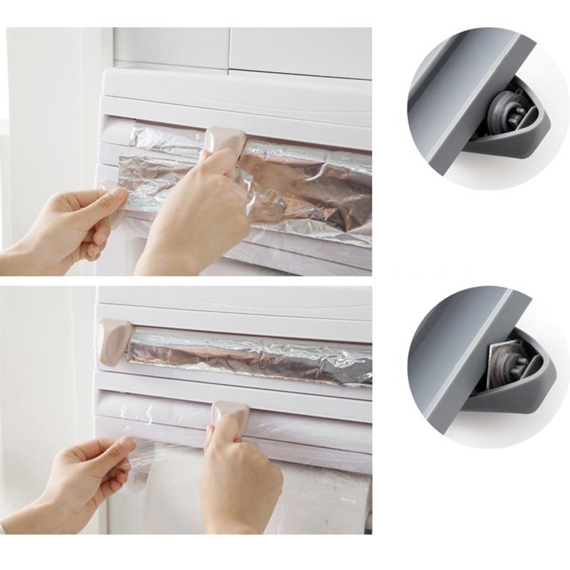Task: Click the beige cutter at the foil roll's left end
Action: coord(114,340)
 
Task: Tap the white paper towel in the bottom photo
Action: coord(321,499)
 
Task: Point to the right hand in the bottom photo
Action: coord(239,484)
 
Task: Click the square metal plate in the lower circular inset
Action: coord(507,363)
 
